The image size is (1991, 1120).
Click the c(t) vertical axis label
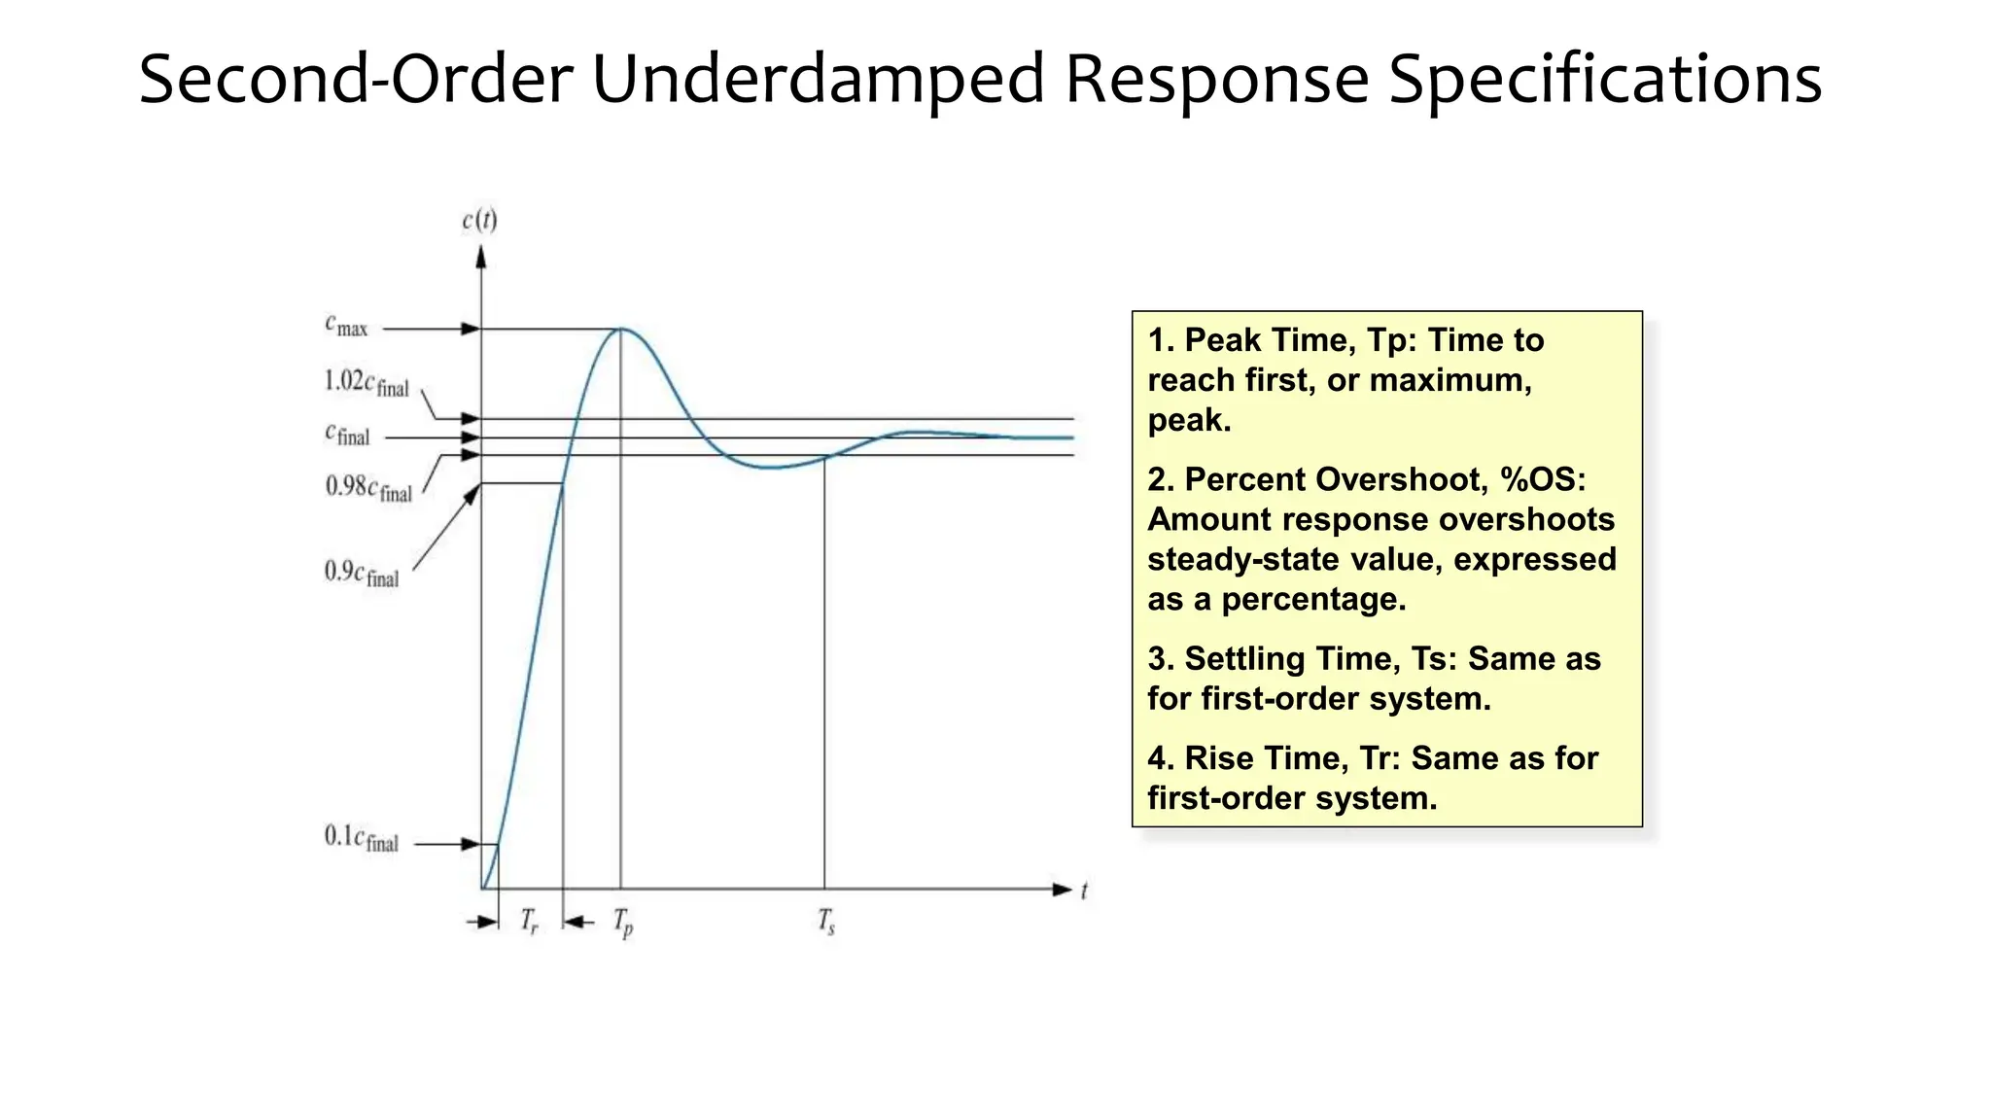coord(479,221)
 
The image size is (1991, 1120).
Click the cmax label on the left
coord(346,326)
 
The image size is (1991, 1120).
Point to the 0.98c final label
coord(368,487)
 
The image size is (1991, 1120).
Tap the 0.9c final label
coord(361,573)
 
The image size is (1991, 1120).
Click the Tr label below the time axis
coord(529,921)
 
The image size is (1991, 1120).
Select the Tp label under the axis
coord(623,922)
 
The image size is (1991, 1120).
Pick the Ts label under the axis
coord(826,921)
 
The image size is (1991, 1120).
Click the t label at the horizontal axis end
coord(1084,891)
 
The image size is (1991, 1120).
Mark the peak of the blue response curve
coord(621,330)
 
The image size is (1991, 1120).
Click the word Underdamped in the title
coord(818,80)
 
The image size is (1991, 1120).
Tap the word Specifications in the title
coord(1604,80)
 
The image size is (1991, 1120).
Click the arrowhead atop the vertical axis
coord(480,258)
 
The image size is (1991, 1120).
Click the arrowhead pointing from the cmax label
coord(471,330)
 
